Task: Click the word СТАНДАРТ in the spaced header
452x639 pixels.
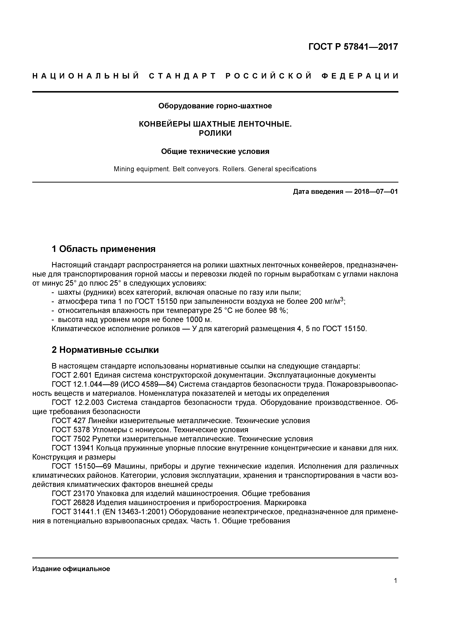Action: click(182, 76)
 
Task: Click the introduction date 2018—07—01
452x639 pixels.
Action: click(376, 192)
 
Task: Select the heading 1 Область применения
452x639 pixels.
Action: click(103, 249)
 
